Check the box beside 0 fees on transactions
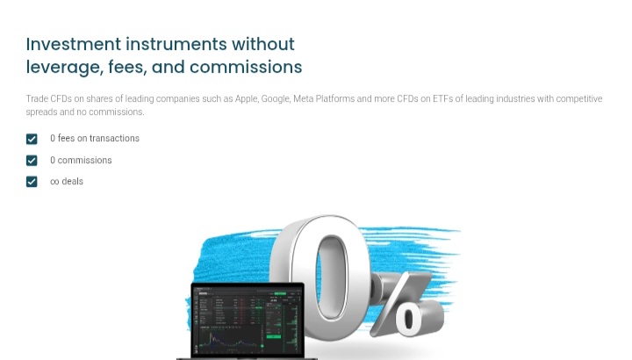pos(32,139)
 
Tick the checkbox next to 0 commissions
pos(32,161)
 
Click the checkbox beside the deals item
pos(32,182)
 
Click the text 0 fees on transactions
pos(95,139)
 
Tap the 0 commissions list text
pos(81,161)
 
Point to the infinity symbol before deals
pos(54,182)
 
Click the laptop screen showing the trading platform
pos(248,320)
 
